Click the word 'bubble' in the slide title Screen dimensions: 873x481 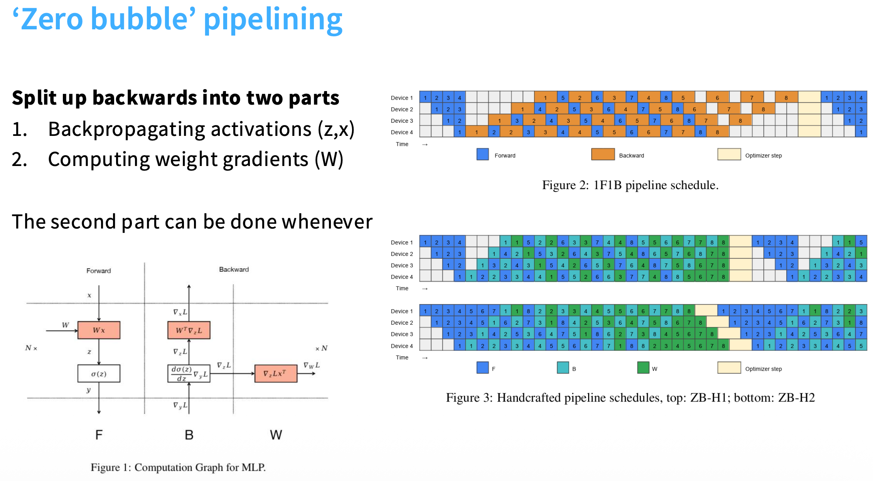coord(143,19)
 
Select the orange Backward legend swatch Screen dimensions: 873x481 coord(603,154)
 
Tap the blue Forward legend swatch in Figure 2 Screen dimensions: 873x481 coord(482,154)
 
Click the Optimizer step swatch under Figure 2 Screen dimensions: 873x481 coord(729,154)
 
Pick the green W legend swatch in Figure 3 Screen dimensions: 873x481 coord(643,368)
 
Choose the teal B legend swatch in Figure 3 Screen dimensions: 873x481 coord(563,368)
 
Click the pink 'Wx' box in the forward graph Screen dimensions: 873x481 coord(99,330)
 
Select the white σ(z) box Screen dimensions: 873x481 coord(99,374)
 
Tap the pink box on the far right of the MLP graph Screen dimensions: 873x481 coord(276,373)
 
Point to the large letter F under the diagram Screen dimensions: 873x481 coord(99,435)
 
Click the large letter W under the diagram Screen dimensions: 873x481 coord(276,435)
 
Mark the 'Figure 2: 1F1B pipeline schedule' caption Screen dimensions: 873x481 coord(630,185)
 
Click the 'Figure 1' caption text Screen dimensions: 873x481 coord(178,467)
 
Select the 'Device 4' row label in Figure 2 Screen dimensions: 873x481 coord(402,132)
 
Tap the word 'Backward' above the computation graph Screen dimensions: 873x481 coord(234,269)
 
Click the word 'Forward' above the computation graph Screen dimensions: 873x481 coord(99,271)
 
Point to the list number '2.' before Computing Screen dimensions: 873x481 coord(19,159)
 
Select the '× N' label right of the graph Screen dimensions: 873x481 coord(321,348)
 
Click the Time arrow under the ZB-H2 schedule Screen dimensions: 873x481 coord(425,358)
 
